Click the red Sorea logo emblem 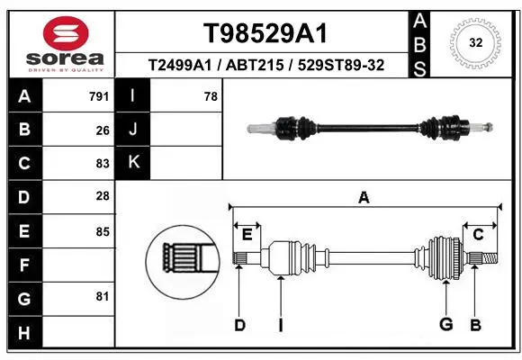click(x=66, y=33)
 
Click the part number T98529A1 click(x=265, y=33)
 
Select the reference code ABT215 click(x=255, y=65)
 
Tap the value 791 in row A click(x=99, y=96)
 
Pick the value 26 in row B click(x=103, y=130)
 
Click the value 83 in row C click(x=103, y=164)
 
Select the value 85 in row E click(x=103, y=232)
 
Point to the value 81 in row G click(x=103, y=296)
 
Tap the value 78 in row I click(x=211, y=96)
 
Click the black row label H click(x=25, y=333)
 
